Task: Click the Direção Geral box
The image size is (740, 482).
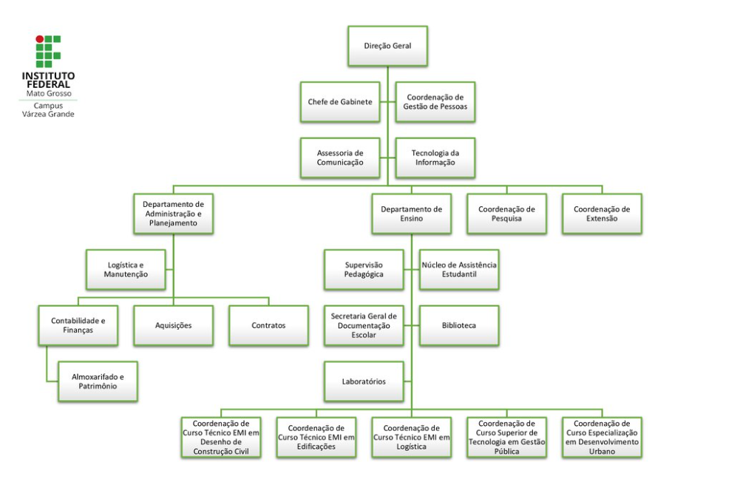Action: coord(387,46)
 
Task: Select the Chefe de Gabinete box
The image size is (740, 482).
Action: coord(340,102)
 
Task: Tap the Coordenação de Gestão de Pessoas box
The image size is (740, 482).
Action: coord(435,102)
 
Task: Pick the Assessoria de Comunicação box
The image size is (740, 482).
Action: coord(340,157)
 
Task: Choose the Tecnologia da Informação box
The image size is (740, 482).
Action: coord(435,157)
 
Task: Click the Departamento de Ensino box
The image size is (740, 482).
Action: coord(412,214)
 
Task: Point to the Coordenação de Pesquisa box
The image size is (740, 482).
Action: coord(507,214)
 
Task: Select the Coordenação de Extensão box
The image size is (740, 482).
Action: coord(602,214)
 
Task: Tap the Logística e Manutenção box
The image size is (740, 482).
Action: coord(126,270)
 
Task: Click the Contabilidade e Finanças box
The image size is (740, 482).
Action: coord(78,325)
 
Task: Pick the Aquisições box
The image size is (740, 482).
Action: coord(173,325)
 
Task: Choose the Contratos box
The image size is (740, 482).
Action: coord(268,325)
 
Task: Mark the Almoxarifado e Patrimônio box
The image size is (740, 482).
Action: coord(98,381)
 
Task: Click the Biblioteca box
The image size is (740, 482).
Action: coord(459,325)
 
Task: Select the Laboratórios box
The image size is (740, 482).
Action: coord(364,381)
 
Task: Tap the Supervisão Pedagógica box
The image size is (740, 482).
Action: coord(364,270)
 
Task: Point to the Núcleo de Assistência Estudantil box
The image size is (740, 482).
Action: coord(459,270)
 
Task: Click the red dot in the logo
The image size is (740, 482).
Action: coord(40,39)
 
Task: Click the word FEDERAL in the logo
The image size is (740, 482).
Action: coord(48,84)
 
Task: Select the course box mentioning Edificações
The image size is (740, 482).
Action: coord(316,437)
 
